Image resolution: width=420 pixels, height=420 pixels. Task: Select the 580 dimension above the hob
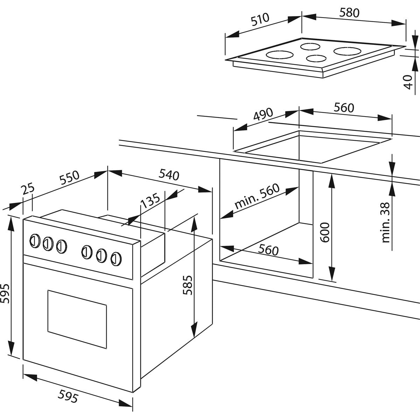click(x=349, y=13)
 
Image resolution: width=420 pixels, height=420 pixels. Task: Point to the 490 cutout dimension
click(x=262, y=114)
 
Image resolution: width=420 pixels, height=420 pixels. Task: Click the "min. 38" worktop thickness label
click(x=385, y=222)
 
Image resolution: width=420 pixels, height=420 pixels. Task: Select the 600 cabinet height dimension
click(x=325, y=232)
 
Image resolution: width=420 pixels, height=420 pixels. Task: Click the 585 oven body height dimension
click(x=187, y=285)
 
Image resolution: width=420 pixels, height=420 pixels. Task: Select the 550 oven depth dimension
click(x=70, y=178)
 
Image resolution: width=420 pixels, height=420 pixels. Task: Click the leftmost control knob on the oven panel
click(x=34, y=240)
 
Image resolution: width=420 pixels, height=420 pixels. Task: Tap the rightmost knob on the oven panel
click(x=116, y=258)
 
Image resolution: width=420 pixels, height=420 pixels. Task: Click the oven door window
click(x=77, y=318)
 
